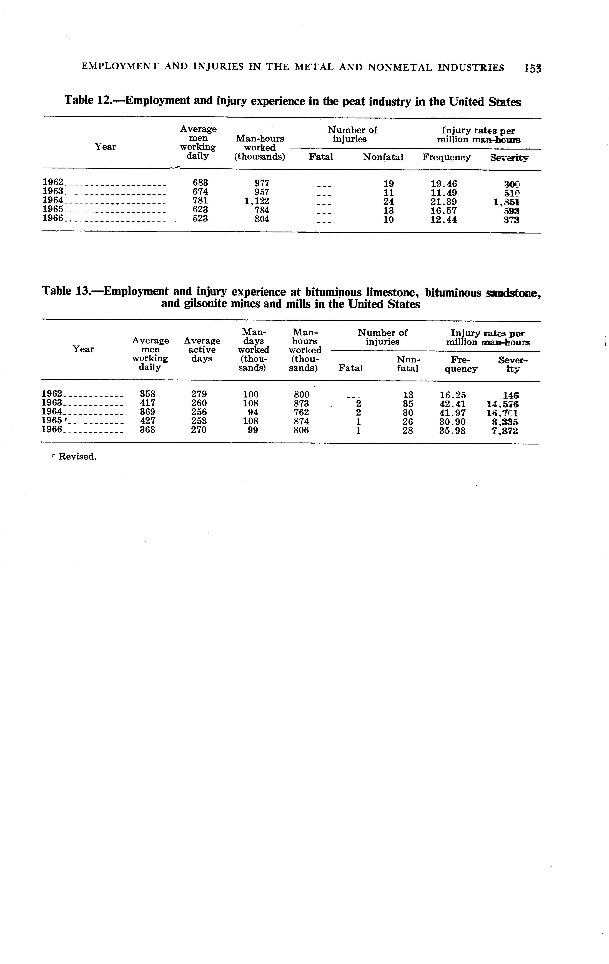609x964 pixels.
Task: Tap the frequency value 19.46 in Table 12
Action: tap(444, 184)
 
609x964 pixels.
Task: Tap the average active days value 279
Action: tap(199, 394)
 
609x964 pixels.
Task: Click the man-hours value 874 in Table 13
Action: tap(301, 421)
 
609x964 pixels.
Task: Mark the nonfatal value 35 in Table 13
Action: tap(408, 404)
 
